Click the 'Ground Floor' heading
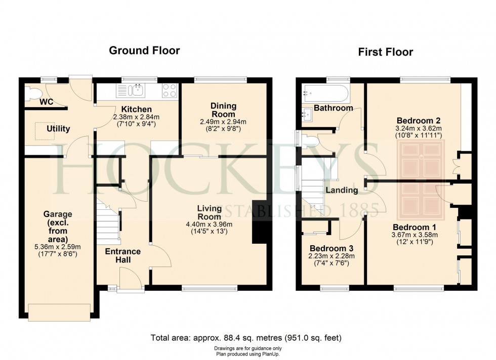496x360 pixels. click(144, 50)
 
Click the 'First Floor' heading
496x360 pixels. click(385, 52)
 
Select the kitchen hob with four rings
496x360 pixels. click(169, 91)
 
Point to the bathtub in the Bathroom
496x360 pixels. click(324, 93)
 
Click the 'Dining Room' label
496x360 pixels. click(223, 110)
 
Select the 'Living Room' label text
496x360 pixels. click(209, 213)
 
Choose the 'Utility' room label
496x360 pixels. click(58, 129)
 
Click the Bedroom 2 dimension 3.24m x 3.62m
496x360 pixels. click(419, 128)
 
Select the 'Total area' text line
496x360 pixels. click(247, 338)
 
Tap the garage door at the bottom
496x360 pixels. click(59, 312)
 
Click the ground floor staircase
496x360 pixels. click(110, 222)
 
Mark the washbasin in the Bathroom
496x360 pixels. click(308, 114)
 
